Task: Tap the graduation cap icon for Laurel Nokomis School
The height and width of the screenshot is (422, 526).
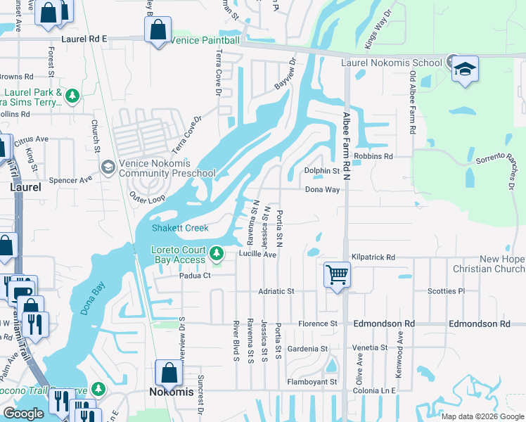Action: [465, 69]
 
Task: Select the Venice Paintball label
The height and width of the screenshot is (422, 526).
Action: [205, 40]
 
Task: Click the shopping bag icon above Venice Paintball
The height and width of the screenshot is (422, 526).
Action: [158, 30]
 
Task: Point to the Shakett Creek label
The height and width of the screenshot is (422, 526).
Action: [181, 228]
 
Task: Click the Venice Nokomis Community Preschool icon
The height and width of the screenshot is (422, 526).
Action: [108, 167]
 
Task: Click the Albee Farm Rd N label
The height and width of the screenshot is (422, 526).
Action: [346, 147]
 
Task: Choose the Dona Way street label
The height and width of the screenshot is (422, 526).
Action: [322, 189]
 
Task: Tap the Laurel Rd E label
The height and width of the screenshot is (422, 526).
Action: [84, 39]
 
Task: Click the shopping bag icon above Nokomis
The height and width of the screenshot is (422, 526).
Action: [169, 373]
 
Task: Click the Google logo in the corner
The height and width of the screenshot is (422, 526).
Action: [23, 414]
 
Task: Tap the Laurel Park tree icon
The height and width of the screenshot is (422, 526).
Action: [72, 94]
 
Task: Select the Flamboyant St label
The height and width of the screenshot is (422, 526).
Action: [312, 382]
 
